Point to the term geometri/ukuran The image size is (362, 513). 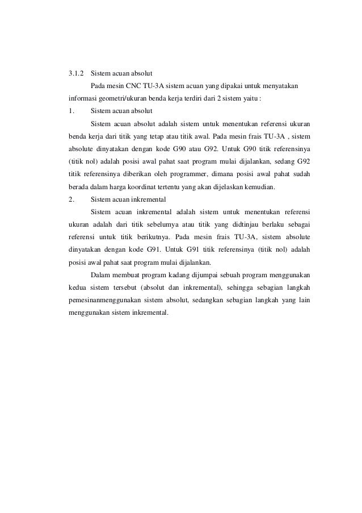120,98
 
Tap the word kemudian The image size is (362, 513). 258,187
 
